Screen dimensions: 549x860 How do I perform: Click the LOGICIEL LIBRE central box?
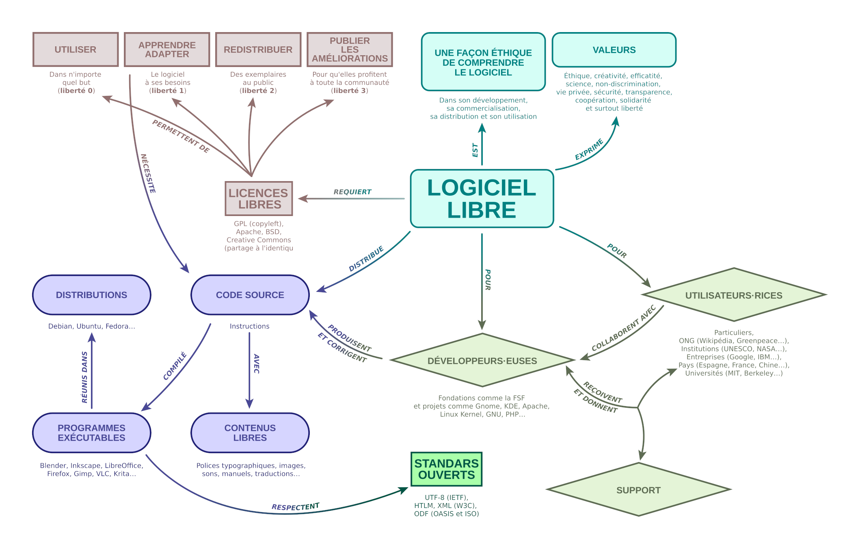click(x=482, y=199)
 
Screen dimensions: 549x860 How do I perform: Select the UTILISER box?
click(x=76, y=50)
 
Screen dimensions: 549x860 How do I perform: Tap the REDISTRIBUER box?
click(x=258, y=50)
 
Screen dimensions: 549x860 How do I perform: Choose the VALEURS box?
click(x=614, y=50)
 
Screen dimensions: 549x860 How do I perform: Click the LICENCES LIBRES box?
click(x=259, y=199)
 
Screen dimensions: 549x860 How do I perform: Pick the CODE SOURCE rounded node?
click(x=250, y=295)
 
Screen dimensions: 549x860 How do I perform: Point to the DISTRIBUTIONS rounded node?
click(x=91, y=295)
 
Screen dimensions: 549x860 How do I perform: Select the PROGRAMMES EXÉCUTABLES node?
click(x=91, y=433)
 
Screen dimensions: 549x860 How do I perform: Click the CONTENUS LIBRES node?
click(x=250, y=433)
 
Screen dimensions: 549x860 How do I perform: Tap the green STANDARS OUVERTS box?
click(x=446, y=469)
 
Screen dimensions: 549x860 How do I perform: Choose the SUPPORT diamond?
click(x=638, y=490)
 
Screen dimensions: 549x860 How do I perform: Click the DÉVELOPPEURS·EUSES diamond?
click(x=482, y=361)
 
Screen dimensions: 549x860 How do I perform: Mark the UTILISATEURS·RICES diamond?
click(x=734, y=295)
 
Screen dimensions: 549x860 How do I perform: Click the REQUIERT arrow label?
click(x=352, y=192)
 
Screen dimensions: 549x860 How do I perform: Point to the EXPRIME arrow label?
click(x=589, y=149)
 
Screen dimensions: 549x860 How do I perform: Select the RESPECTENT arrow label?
click(x=296, y=507)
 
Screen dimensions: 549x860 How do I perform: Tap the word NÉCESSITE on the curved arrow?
click(x=148, y=173)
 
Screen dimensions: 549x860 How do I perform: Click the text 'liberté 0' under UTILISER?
click(x=76, y=91)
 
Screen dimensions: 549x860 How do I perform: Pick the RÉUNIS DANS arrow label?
click(x=84, y=377)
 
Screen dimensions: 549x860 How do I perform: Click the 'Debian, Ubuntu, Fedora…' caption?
click(x=91, y=326)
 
